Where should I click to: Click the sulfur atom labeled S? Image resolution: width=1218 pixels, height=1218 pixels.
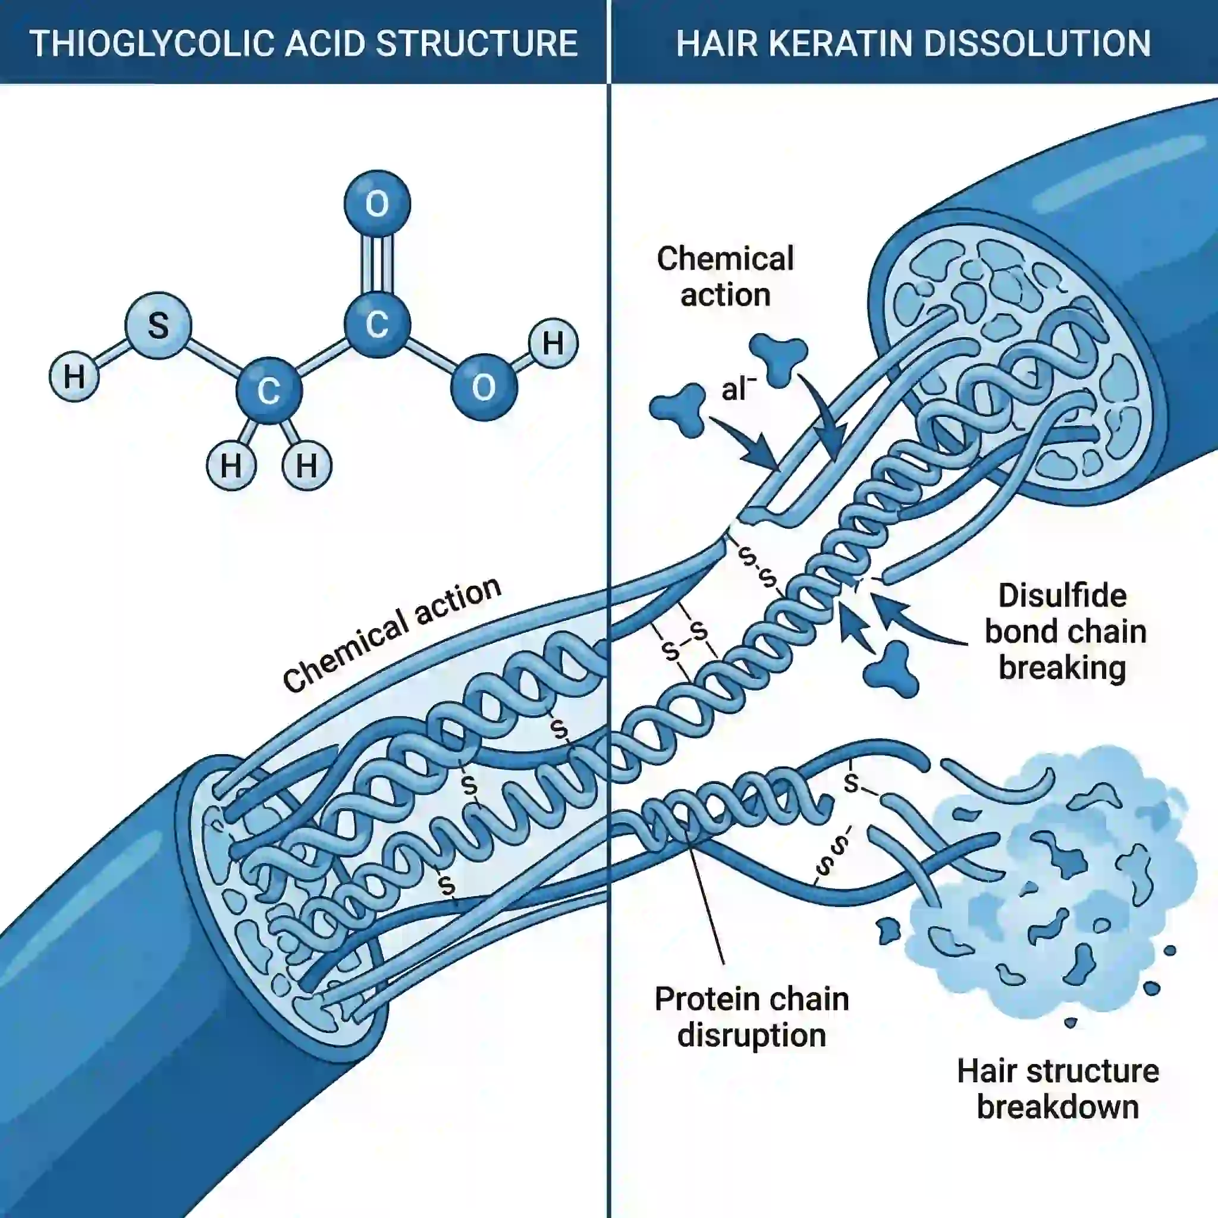click(158, 326)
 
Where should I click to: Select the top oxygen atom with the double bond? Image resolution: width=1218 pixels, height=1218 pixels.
click(377, 203)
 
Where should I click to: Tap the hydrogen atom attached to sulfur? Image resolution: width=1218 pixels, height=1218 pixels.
click(74, 377)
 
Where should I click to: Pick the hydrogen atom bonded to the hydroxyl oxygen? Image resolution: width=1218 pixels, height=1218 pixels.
click(553, 343)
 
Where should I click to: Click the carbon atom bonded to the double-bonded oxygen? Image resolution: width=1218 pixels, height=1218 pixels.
click(377, 324)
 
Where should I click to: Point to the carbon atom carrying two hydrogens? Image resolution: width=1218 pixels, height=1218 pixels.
click(269, 391)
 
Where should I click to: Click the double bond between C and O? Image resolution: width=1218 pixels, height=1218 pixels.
click(377, 263)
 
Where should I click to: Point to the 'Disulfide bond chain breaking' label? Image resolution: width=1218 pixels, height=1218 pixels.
click(1064, 632)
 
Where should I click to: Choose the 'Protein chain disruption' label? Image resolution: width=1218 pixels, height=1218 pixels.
click(752, 1017)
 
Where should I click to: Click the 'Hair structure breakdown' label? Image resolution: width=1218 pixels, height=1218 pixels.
click(1058, 1089)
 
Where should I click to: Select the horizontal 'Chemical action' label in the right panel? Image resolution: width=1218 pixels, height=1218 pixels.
click(725, 276)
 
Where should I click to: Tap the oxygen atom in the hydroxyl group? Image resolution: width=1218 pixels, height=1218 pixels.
click(484, 387)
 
